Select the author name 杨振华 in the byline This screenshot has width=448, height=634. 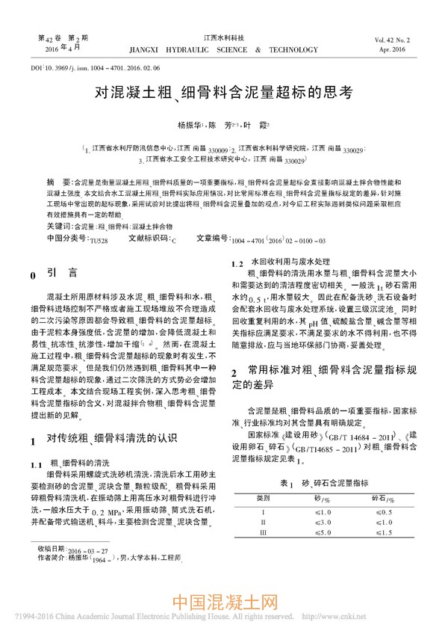tap(187, 124)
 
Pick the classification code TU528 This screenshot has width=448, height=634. tap(99, 240)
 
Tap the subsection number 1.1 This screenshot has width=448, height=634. tap(36, 464)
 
